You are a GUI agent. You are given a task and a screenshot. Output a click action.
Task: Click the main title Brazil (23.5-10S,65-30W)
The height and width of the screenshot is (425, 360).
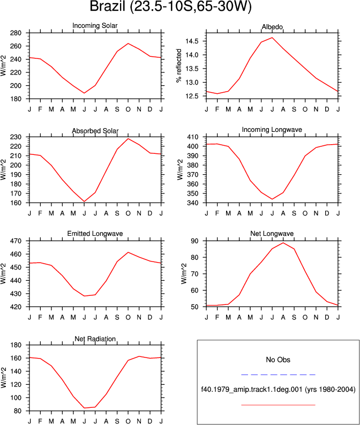pos(170,6)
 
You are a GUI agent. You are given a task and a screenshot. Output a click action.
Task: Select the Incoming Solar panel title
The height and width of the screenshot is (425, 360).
pos(95,26)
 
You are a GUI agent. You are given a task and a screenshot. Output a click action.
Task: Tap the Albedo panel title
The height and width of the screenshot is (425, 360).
pos(272,27)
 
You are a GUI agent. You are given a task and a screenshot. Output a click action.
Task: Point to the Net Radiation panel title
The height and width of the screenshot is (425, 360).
pos(95,339)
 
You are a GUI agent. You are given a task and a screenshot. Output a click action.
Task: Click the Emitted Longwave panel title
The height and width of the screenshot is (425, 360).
pos(95,234)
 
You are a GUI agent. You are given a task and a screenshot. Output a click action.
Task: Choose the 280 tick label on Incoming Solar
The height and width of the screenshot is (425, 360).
pos(16,33)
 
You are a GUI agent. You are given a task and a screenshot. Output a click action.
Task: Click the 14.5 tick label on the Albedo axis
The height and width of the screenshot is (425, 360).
pos(192,41)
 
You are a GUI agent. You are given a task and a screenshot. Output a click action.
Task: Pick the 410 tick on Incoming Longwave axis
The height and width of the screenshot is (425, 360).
pos(193,137)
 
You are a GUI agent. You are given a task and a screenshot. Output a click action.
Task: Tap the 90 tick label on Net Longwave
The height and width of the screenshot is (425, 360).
pos(194,241)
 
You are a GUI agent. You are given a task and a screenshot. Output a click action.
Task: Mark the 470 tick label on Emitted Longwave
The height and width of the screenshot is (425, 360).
pos(16,241)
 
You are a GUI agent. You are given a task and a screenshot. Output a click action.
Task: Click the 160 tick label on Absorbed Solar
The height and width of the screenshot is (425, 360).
pos(16,203)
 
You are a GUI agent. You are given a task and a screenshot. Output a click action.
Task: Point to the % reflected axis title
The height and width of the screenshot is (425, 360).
pos(179,65)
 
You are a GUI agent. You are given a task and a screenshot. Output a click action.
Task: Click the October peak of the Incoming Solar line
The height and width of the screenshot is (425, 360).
pos(128,43)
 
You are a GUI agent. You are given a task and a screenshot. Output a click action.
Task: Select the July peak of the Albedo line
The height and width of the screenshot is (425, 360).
pos(272,38)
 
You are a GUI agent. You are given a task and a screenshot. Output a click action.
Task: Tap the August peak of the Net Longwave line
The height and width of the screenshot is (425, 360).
pos(283,243)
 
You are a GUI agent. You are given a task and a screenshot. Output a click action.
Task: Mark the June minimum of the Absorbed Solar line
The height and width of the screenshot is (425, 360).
pos(84,202)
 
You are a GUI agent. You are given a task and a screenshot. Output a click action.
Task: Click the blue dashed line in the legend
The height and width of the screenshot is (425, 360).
pos(278,375)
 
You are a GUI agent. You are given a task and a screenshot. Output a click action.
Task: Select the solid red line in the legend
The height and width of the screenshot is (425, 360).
pos(278,405)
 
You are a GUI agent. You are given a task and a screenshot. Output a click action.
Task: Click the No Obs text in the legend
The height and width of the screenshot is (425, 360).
pos(278,360)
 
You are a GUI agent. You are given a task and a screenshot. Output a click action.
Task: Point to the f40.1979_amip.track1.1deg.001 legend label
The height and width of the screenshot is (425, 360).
pos(252,390)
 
